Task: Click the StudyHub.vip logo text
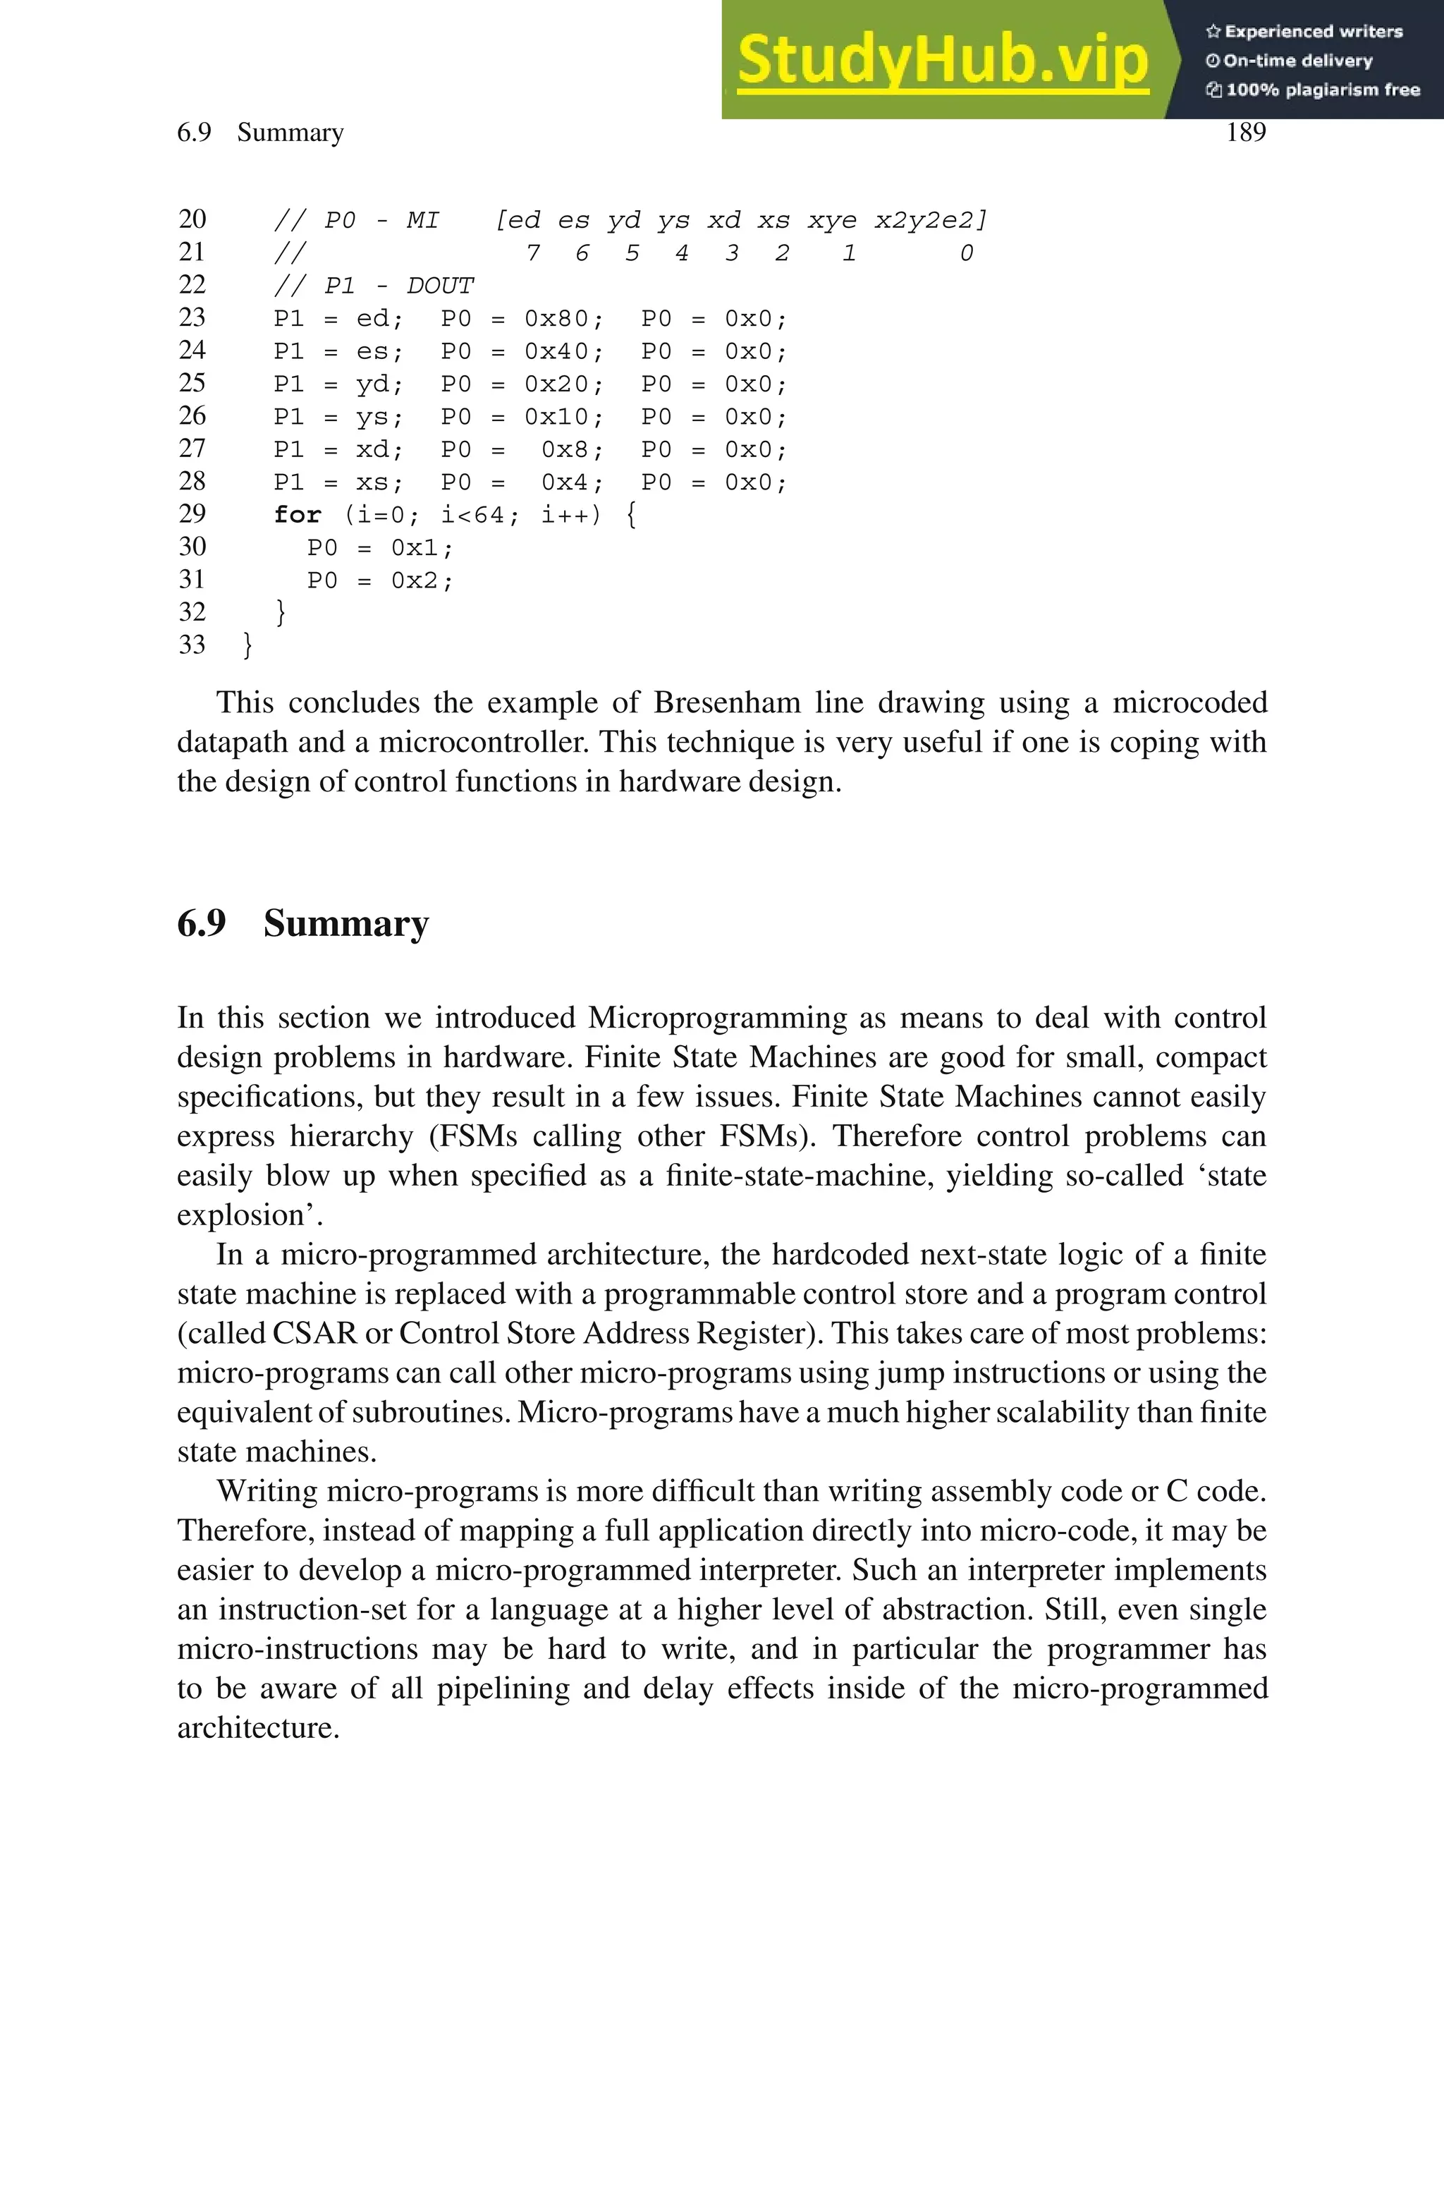pyautogui.click(x=942, y=60)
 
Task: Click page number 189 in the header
pyautogui.click(x=1245, y=133)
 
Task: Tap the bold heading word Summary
pyautogui.click(x=345, y=924)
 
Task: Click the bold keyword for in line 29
pyautogui.click(x=298, y=515)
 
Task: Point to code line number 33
pyautogui.click(x=192, y=645)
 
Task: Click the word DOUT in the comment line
pyautogui.click(x=440, y=286)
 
